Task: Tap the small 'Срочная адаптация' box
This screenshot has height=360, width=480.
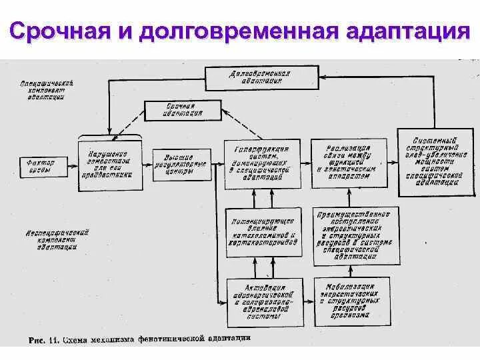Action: (x=182, y=110)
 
